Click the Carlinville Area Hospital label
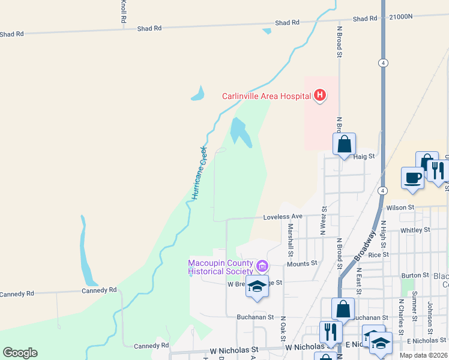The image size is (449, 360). click(x=266, y=96)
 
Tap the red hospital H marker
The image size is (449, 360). click(x=321, y=95)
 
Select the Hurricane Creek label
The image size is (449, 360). click(x=199, y=173)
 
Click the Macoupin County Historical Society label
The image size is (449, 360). click(x=221, y=267)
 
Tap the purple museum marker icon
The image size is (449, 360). click(x=262, y=266)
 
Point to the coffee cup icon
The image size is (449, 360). click(x=413, y=178)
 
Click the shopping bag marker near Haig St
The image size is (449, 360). click(x=344, y=144)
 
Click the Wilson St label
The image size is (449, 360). click(x=400, y=208)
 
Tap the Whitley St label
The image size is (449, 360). click(x=415, y=230)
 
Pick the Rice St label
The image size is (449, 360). click(x=378, y=254)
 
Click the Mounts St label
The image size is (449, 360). click(x=301, y=264)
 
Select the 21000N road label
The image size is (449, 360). click(x=400, y=18)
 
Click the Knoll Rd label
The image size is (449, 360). click(x=123, y=11)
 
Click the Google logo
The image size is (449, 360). click(x=20, y=353)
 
